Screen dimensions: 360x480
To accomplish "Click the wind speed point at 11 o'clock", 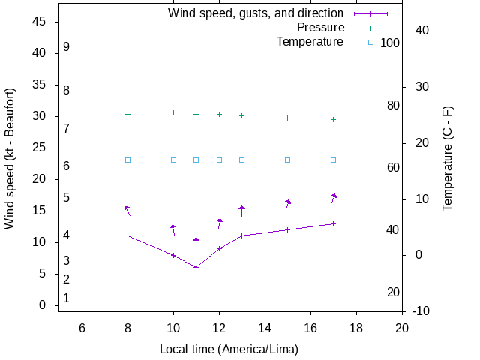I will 196,267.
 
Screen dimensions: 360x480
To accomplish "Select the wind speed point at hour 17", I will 333,223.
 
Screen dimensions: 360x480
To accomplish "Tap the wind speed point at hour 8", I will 127,235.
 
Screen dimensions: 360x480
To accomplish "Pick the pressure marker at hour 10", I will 173,112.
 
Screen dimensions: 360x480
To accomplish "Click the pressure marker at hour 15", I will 287,118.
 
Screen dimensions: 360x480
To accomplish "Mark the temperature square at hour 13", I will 241,160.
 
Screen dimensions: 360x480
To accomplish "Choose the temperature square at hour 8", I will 127,160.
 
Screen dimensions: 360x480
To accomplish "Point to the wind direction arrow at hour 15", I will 287,203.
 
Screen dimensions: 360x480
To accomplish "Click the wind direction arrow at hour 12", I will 219,223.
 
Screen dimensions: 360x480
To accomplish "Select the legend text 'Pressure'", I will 319,28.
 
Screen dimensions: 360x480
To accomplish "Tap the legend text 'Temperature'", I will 310,42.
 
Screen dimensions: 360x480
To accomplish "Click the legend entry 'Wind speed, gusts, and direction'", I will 256,13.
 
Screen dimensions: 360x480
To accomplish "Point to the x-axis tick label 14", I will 265,327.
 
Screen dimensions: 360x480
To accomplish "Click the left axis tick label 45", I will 40,22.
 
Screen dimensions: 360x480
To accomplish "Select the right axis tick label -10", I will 420,310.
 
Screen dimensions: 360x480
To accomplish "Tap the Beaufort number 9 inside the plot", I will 67,46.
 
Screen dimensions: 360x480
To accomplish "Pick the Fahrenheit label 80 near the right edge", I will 393,105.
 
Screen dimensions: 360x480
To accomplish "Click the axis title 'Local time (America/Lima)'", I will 229,349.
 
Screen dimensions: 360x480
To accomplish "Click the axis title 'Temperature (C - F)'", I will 448,158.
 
